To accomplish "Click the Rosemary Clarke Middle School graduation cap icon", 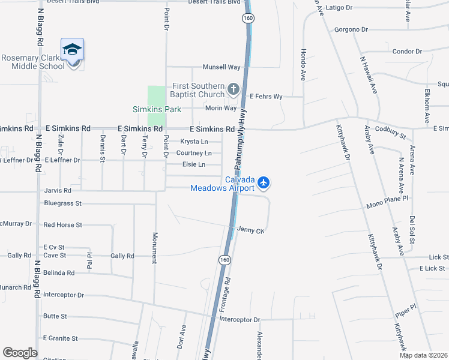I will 72,49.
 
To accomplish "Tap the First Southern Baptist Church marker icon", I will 233,90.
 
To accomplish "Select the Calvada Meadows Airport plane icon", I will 263,182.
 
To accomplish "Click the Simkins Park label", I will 157,109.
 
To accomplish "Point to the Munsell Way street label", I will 221,67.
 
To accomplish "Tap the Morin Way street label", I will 221,108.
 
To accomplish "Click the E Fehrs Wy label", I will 266,96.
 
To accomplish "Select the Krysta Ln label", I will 194,142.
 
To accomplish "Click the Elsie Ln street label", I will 193,164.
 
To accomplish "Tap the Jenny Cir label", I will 251,230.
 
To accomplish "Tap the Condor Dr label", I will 407,52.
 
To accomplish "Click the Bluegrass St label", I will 62,203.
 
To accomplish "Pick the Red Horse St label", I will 62,225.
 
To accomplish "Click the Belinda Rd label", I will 59,272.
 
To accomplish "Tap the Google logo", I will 20,353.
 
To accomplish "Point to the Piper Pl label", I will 405,311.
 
